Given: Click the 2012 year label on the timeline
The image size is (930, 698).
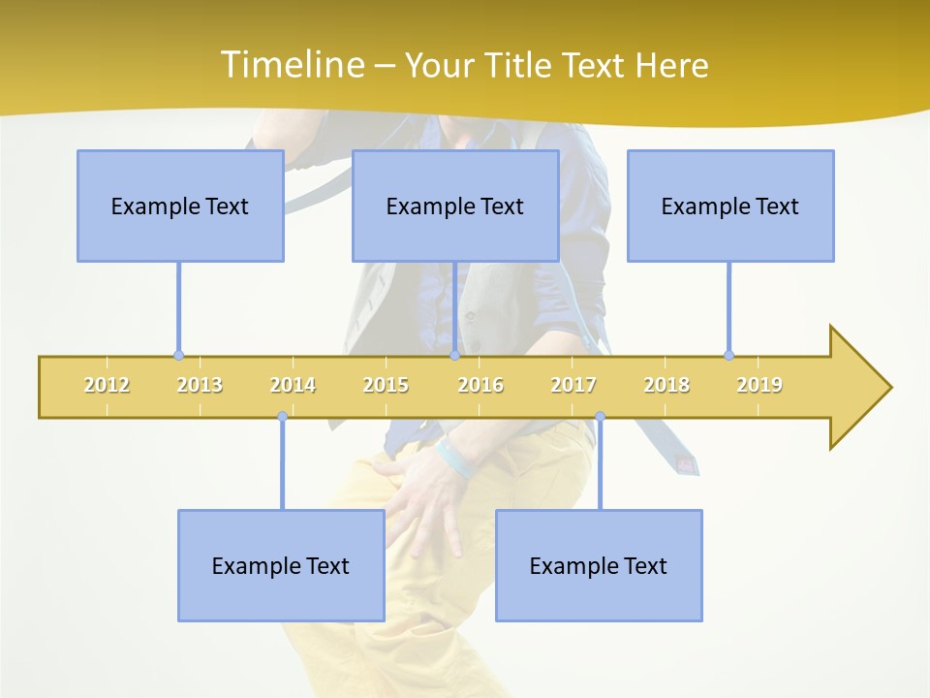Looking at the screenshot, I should click(107, 386).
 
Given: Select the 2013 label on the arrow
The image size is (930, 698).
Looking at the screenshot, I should click(200, 386).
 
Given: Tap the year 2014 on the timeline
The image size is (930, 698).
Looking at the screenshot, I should click(293, 386).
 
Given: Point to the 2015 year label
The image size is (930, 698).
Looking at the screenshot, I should click(386, 386).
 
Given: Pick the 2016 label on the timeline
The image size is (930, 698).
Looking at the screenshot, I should click(480, 386).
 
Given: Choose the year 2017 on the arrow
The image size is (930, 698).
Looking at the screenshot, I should click(573, 386).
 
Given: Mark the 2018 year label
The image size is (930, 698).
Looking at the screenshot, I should click(666, 386).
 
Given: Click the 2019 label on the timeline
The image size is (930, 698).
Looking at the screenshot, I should click(759, 386).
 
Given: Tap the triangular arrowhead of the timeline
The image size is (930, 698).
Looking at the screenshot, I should click(857, 388).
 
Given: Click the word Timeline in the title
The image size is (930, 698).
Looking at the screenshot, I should click(290, 65).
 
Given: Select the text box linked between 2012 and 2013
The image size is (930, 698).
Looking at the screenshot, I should click(180, 206).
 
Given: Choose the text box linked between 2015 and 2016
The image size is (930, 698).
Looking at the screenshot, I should click(455, 206).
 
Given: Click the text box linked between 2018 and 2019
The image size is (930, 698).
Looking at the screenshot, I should click(730, 206).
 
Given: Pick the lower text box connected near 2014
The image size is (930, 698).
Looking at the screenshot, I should click(281, 565).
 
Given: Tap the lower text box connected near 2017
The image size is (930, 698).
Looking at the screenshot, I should click(599, 565).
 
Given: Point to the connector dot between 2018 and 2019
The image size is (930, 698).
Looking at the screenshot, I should click(728, 355).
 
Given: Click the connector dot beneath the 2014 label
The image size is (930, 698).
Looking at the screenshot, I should click(282, 417).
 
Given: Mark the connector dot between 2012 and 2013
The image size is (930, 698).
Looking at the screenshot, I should click(178, 355).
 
